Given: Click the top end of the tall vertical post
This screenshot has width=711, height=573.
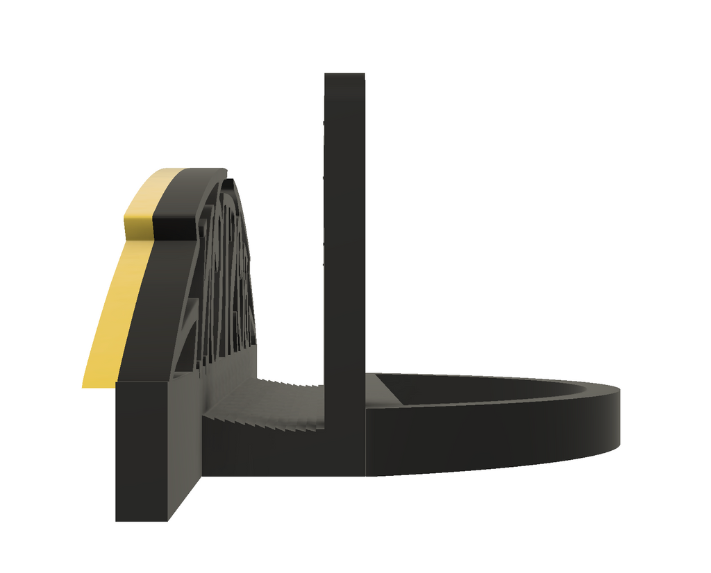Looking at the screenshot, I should pyautogui.click(x=344, y=75).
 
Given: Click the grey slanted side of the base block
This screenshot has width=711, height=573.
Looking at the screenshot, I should pyautogui.click(x=184, y=444).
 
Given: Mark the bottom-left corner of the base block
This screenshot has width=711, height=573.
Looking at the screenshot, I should pyautogui.click(x=117, y=520).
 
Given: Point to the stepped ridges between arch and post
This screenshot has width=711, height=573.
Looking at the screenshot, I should pyautogui.click(x=278, y=402).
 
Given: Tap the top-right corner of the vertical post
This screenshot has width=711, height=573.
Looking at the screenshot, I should pyautogui.click(x=363, y=74).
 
